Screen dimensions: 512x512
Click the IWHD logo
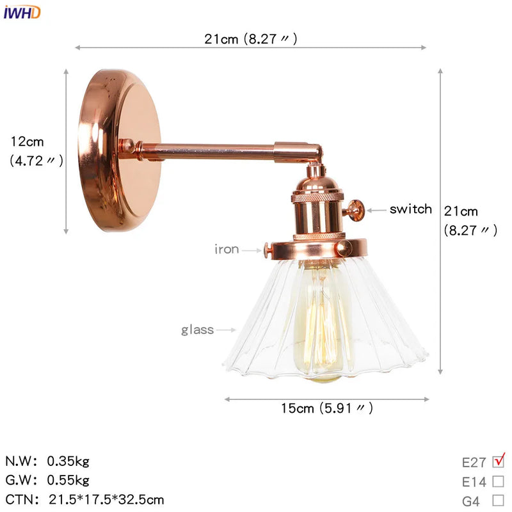pyautogui.click(x=22, y=12)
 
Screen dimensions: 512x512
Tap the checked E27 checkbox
pyautogui.click(x=499, y=461)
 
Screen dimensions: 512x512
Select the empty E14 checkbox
pyautogui.click(x=499, y=481)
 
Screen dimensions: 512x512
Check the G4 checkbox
pyautogui.click(x=499, y=500)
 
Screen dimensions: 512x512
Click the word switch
pyautogui.click(x=410, y=209)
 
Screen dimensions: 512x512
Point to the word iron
pyautogui.click(x=227, y=249)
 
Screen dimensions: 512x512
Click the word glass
pyautogui.click(x=198, y=330)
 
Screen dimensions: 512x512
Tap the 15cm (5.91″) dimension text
pyautogui.click(x=327, y=408)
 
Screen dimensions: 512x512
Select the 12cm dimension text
pyautogui.click(x=28, y=141)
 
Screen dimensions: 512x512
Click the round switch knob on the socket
pyautogui.click(x=356, y=209)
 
